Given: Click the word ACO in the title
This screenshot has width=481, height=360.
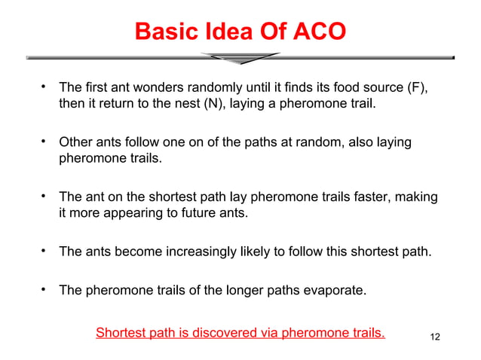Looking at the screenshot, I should point(317,31).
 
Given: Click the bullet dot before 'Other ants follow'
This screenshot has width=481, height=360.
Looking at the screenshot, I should point(44,140).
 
